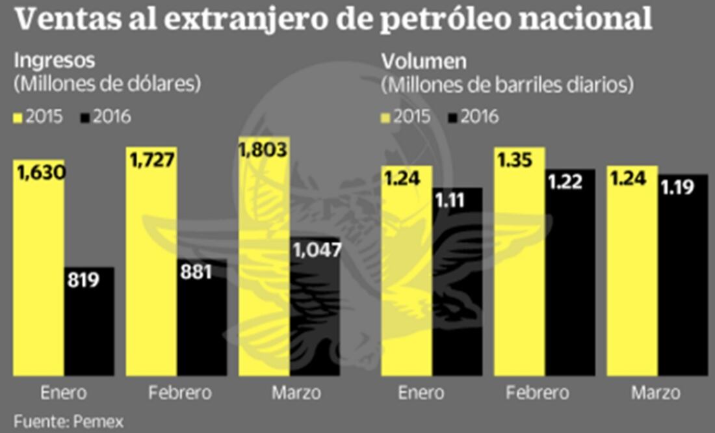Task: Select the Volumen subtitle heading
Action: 424,61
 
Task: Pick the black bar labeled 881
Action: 201,319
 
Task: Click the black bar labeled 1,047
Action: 315,312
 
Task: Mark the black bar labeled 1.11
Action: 458,286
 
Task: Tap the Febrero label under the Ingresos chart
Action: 180,393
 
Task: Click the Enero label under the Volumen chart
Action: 421,393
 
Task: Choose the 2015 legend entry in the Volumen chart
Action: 406,117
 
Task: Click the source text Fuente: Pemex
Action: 68,421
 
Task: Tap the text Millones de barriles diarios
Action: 507,85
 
